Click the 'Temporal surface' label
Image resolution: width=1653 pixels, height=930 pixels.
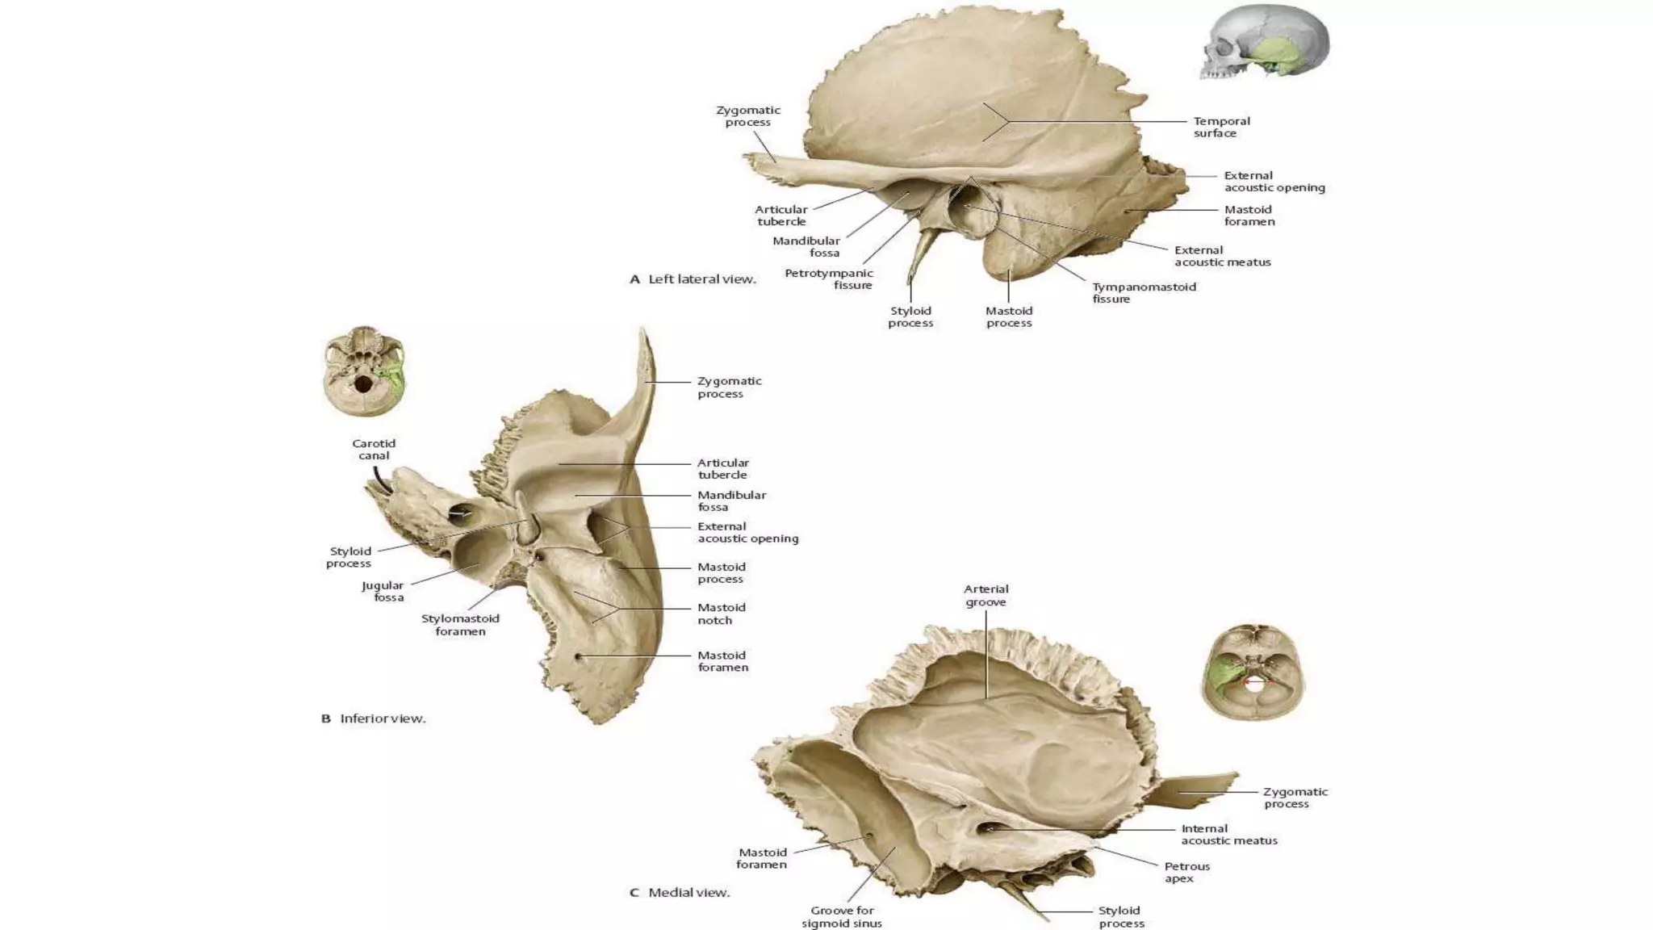coord(1221,128)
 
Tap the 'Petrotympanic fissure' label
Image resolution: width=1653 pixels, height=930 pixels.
coord(829,279)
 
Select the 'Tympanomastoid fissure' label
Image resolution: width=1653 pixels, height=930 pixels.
coord(1144,293)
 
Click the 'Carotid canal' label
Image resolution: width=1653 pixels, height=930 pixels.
coord(374,450)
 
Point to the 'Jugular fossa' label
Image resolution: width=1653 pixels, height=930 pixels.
coord(383,592)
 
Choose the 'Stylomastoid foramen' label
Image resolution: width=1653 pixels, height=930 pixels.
coord(460,625)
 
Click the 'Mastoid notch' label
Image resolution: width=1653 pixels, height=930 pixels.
coord(721,614)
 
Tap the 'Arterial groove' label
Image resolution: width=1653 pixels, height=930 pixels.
coord(986,596)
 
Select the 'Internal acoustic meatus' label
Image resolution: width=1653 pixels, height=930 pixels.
coord(1228,835)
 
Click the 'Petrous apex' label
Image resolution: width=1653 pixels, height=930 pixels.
coord(1186,873)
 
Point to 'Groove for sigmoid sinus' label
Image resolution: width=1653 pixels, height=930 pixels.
coord(842,917)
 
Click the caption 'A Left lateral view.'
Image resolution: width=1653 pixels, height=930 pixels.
coord(693,279)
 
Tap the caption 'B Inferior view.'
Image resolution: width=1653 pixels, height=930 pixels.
coord(373,718)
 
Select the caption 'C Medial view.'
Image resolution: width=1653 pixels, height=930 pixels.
coord(680,893)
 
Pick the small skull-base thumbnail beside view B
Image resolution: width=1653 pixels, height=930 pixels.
coord(365,371)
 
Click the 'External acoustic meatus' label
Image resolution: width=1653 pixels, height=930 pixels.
coord(1222,256)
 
